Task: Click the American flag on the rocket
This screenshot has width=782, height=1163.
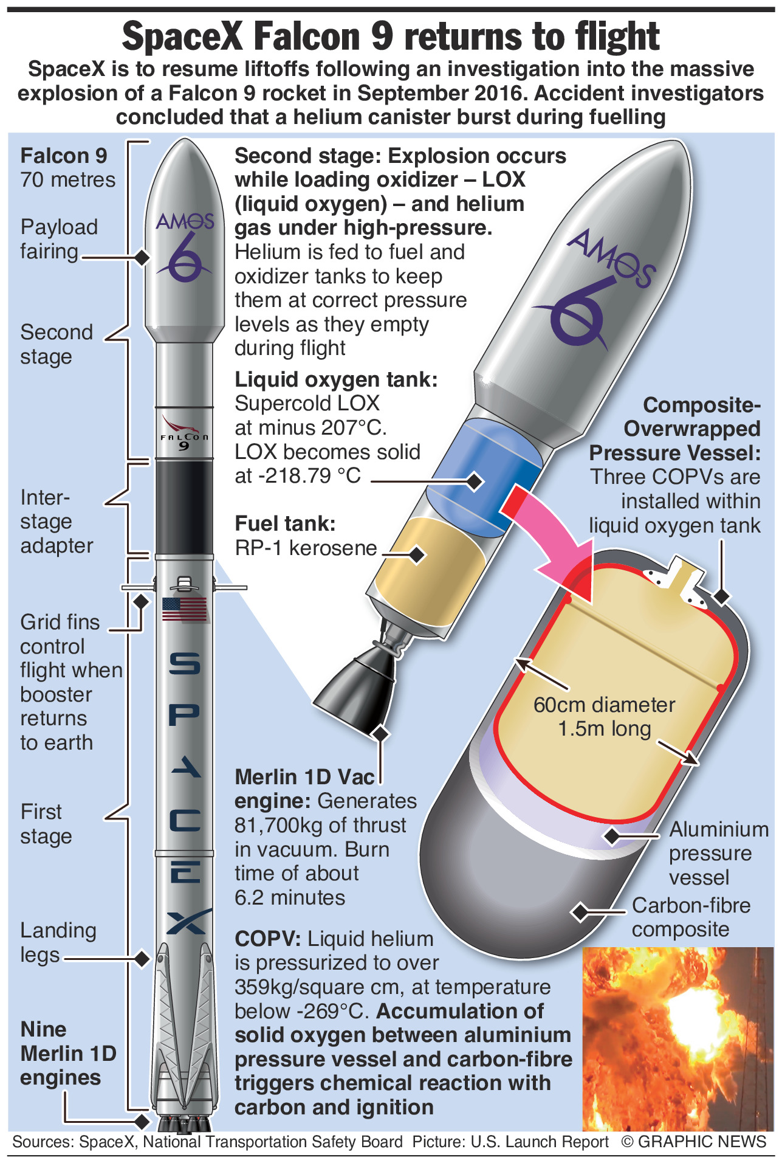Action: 185,609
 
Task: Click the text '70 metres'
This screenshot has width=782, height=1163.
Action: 67,180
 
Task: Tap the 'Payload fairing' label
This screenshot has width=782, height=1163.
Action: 58,239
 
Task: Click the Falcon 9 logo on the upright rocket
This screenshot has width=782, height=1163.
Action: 184,433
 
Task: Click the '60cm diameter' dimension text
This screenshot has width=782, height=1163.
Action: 604,705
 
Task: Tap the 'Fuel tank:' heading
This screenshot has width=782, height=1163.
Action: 285,523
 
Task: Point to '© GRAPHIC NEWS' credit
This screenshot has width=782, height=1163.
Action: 694,1142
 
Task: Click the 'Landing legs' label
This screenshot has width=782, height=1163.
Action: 58,942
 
